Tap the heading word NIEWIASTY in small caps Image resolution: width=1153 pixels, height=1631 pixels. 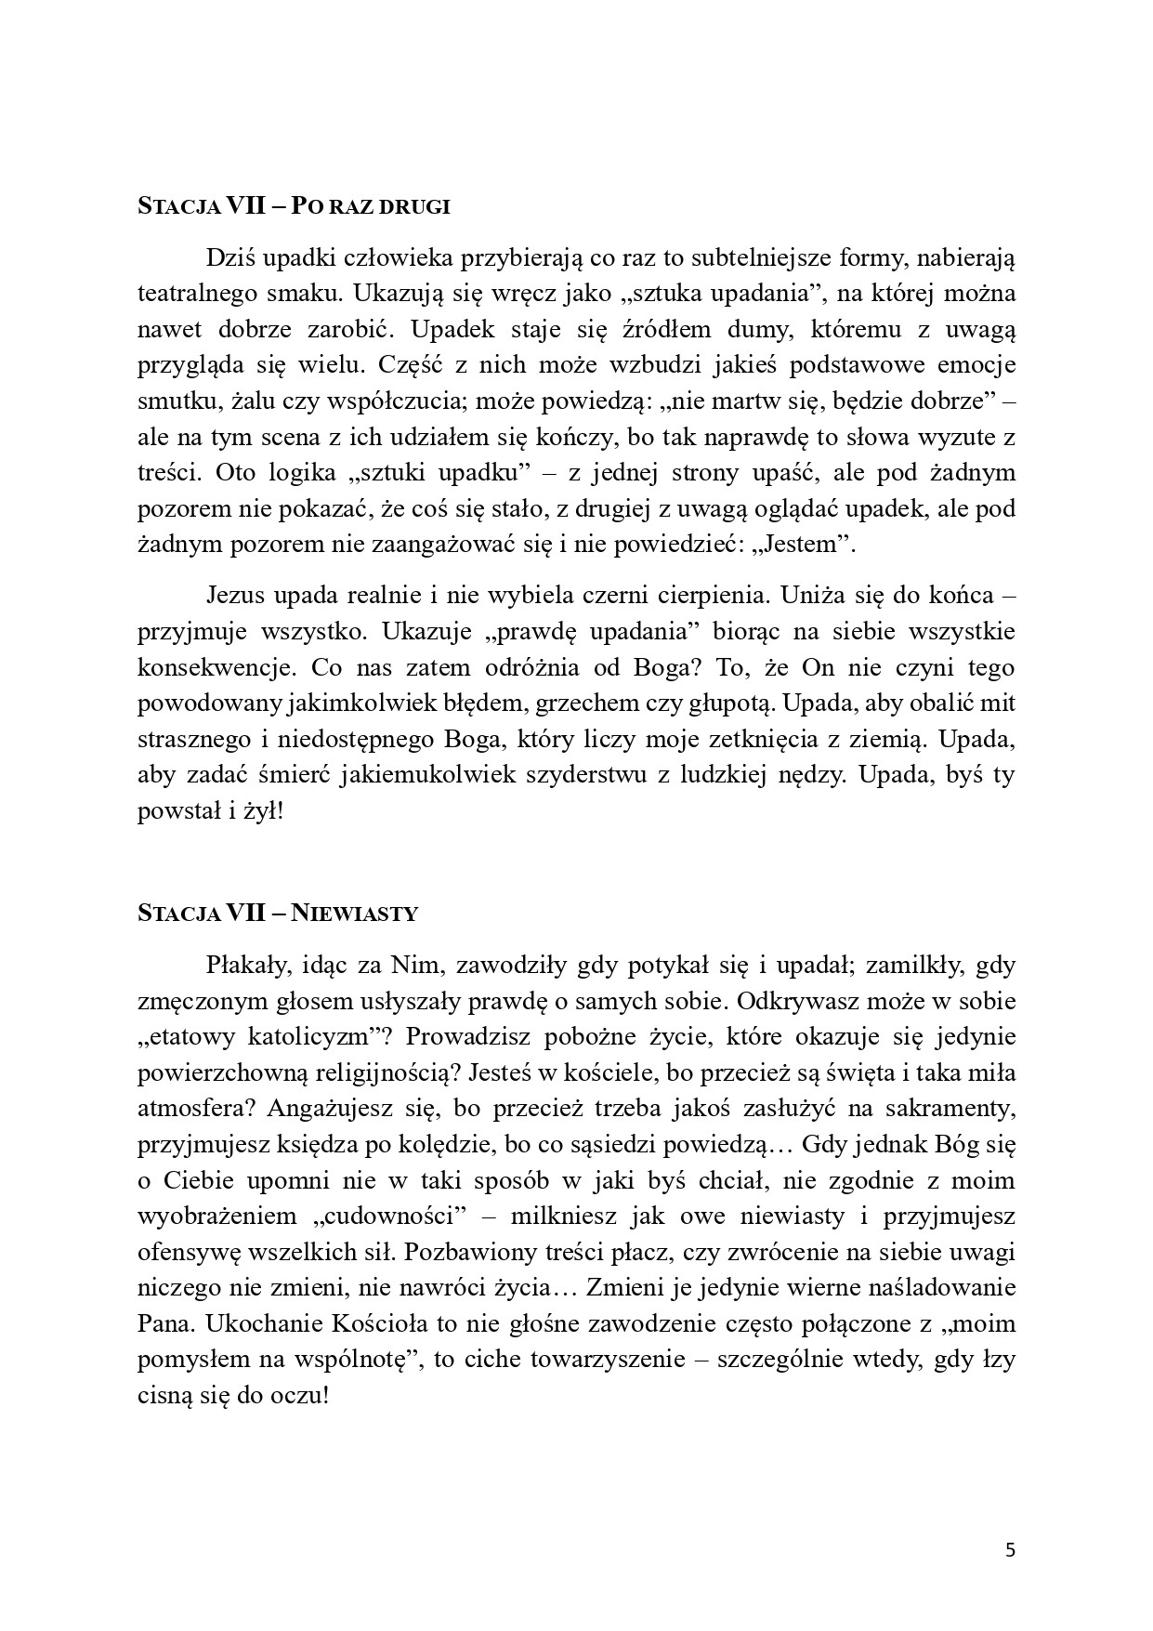[x=354, y=914]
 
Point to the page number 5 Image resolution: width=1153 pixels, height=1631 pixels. [x=1011, y=1550]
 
